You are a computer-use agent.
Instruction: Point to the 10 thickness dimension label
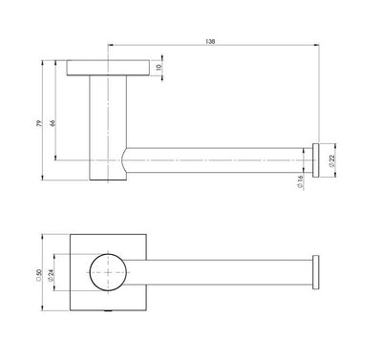(x=158, y=69)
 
